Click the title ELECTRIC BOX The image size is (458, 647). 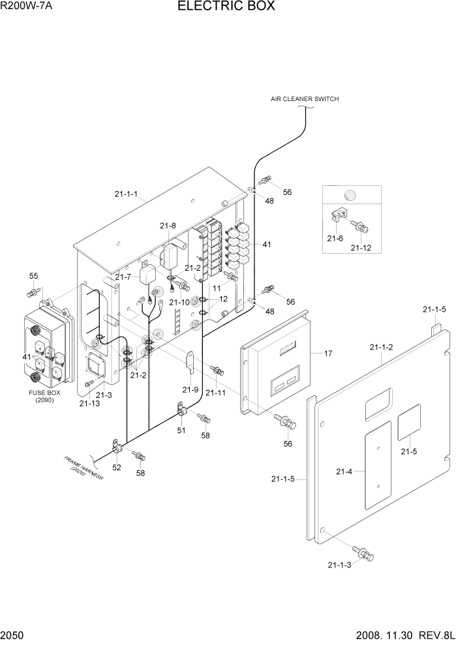[226, 7]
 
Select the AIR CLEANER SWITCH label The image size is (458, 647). [305, 99]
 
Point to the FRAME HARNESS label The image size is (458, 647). [84, 468]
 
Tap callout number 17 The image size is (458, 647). [328, 354]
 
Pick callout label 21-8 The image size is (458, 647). [167, 226]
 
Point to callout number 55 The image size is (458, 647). [34, 276]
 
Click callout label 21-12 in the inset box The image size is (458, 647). [361, 248]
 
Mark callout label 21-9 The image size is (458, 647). [191, 389]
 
